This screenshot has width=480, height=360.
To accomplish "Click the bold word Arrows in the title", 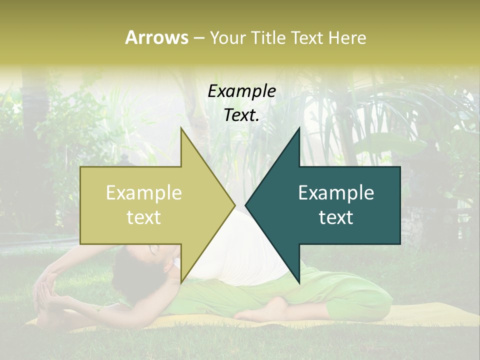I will point(156,37).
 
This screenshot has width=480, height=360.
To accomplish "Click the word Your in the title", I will point(227,37).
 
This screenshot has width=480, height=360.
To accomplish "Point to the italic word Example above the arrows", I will point(241,91).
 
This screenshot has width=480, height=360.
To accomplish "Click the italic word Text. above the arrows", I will point(241,115).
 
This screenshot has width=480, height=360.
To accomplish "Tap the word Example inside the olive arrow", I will point(143,193).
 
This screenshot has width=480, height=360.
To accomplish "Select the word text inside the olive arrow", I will point(143,217).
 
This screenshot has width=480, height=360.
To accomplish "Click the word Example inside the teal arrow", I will point(336,193).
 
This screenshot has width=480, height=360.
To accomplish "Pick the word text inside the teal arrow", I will point(336,217).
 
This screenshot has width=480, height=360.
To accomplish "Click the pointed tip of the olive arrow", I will point(234,205).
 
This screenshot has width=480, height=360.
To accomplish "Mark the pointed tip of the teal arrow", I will point(246,205).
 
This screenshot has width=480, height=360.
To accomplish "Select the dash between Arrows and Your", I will point(198,38).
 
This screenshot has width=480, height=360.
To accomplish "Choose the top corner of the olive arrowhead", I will point(181,128).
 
